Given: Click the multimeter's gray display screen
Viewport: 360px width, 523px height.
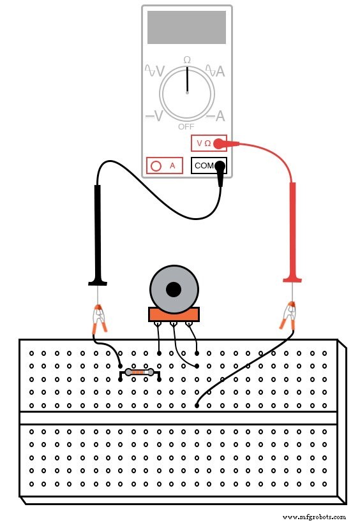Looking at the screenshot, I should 186,27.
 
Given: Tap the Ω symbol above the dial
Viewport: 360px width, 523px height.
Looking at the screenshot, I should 187,60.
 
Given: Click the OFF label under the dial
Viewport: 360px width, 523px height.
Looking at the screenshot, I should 186,126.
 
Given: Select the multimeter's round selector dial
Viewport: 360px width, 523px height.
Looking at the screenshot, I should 187,93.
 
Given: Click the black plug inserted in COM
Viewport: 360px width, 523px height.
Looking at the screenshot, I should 220,170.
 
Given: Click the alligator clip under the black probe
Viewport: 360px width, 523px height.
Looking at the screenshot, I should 99,318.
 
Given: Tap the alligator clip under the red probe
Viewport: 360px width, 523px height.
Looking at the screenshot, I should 289,316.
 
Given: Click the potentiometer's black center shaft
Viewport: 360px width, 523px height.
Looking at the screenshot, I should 174,290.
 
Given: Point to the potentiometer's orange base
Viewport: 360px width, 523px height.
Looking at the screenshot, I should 174,314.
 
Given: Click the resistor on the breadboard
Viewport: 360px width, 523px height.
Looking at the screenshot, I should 139,372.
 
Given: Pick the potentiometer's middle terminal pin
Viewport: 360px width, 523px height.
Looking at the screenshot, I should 174,327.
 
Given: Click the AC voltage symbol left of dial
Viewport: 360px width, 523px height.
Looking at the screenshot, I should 154,71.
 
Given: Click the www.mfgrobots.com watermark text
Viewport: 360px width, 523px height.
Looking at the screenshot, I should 313,517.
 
